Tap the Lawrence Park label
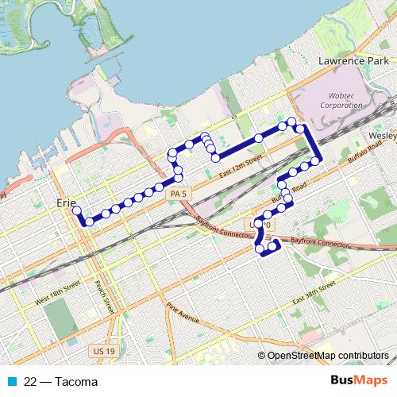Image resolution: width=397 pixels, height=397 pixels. coord(350,60)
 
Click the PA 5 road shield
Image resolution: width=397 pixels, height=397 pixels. coord(178,193)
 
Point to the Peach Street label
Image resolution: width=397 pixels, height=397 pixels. coord(102,295)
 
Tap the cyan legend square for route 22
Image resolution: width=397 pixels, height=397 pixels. coord(12,382)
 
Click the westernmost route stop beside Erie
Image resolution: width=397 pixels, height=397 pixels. coord(76,210)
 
